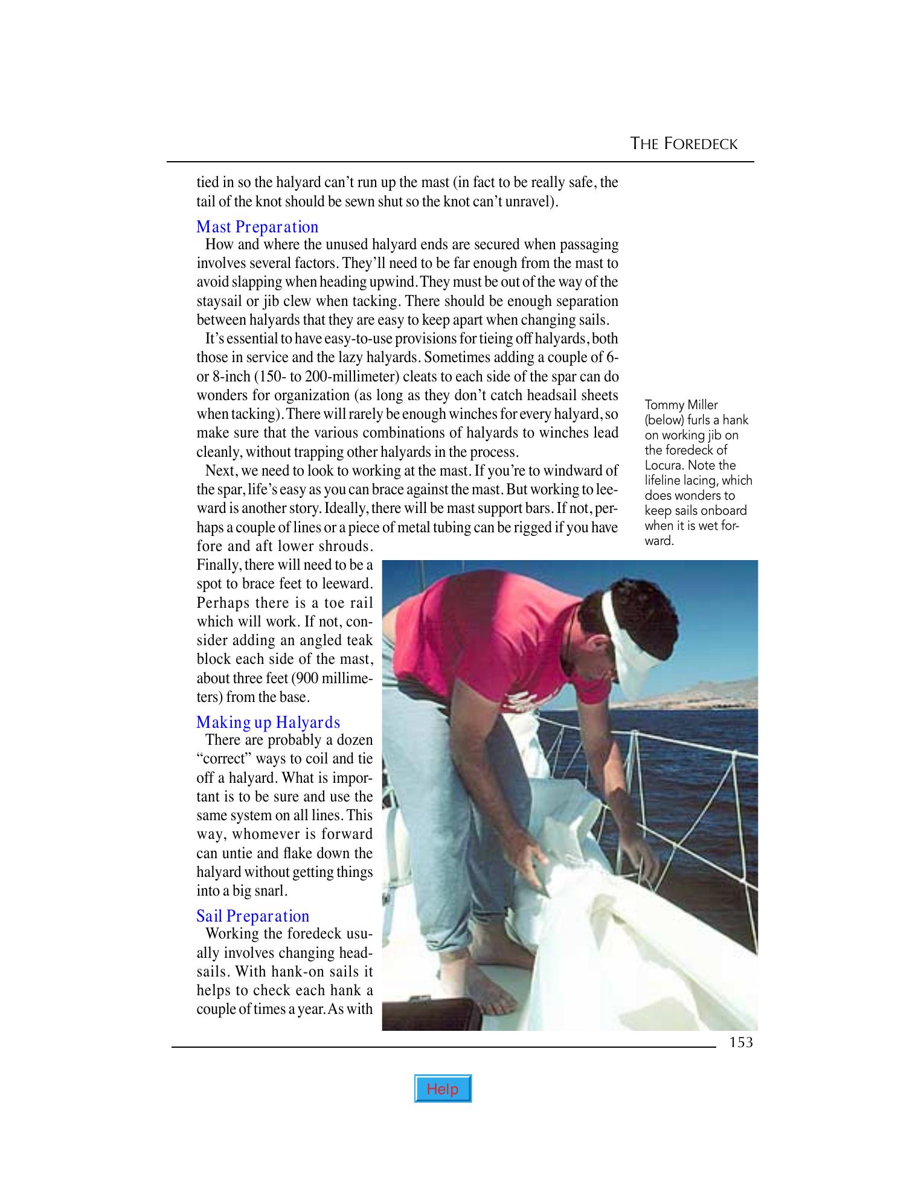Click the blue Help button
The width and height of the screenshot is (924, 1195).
pos(443,1089)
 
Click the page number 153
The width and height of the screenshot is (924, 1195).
pos(740,1042)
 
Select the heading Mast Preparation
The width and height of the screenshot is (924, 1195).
pos(257,227)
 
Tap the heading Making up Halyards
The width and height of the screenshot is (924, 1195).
pos(268,722)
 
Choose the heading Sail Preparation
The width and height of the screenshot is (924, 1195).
pos(252,916)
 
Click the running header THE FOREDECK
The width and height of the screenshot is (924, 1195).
pos(684,144)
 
